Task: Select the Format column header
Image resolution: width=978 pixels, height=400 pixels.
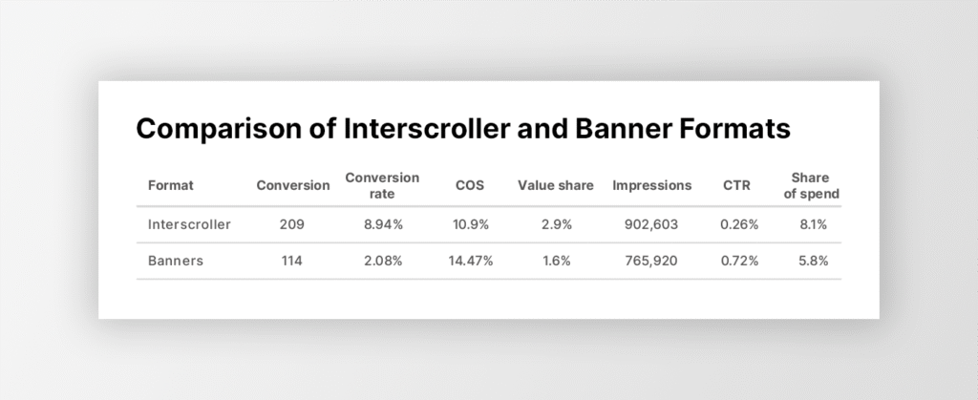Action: (170, 185)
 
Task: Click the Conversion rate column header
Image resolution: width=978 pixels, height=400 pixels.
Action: (382, 185)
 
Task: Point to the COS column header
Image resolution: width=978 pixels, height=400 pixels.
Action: (470, 185)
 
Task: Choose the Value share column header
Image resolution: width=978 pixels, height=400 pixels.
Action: (556, 185)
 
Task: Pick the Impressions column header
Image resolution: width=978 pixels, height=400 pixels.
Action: (651, 185)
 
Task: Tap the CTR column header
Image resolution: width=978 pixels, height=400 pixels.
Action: (736, 185)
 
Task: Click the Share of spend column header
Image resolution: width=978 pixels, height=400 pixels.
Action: (812, 185)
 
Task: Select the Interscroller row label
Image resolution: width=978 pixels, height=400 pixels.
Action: (189, 224)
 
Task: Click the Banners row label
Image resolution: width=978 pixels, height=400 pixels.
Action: (176, 261)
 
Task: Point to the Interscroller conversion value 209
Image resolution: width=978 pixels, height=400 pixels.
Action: (292, 224)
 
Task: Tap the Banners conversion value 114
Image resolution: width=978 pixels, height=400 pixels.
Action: (292, 261)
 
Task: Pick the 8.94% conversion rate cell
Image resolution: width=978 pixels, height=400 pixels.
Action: (384, 224)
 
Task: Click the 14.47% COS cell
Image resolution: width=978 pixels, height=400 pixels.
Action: (470, 261)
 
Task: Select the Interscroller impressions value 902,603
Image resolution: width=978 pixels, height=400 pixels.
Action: (651, 224)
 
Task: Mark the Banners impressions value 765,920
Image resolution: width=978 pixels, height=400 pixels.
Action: (651, 261)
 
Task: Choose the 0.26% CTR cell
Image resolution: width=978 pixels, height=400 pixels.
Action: (739, 224)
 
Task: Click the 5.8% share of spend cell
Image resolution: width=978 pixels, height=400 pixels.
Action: (814, 261)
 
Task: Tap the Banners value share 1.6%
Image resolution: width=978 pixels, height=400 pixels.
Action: (557, 261)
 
